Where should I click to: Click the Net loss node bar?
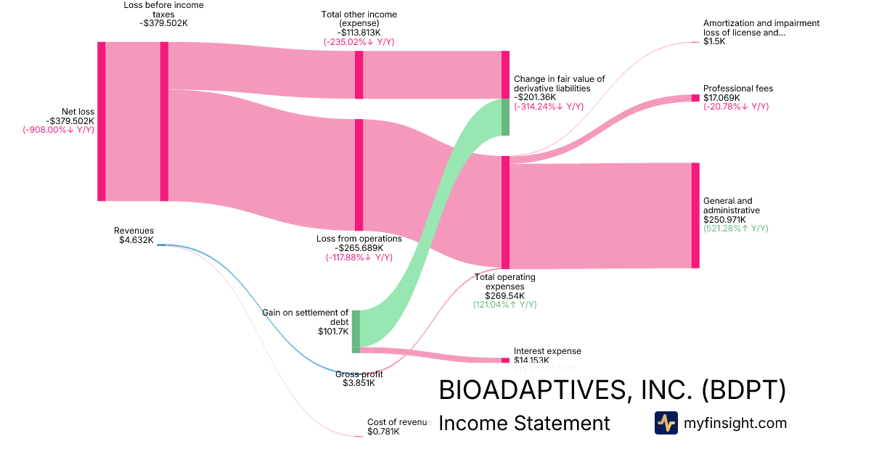coord(102,121)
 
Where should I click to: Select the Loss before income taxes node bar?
coord(164,121)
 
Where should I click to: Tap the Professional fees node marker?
coord(695,98)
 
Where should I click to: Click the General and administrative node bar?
coord(695,215)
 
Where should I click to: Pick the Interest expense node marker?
coord(505,360)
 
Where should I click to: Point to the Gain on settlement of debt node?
coord(356,331)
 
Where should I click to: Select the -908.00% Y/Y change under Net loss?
coord(59,130)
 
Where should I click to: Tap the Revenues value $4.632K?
coord(136,240)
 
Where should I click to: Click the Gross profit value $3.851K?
coord(359,383)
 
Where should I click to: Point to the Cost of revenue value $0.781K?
coord(383,432)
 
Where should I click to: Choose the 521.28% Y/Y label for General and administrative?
coord(735,228)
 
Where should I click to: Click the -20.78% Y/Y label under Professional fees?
coord(735,107)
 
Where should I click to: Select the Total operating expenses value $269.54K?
coord(504,295)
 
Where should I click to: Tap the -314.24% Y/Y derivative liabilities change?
coord(548,107)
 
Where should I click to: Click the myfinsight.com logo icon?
coord(666,423)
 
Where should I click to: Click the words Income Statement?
coord(524,423)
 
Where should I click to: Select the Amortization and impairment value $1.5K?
coord(714,41)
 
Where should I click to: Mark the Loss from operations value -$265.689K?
coord(359,247)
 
